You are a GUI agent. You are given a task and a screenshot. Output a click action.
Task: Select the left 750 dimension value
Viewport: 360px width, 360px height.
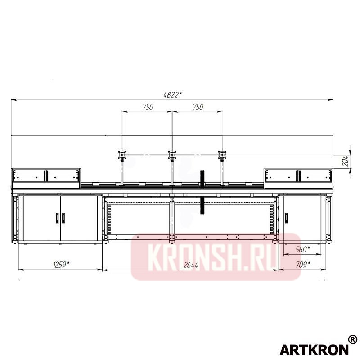click(x=148, y=107)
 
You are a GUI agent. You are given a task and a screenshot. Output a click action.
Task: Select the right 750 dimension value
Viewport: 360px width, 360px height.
click(x=198, y=107)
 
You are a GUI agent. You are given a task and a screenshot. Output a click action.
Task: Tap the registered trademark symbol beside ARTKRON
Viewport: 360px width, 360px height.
click(x=352, y=339)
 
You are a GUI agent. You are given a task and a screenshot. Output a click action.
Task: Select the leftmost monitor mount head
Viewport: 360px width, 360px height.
click(x=121, y=155)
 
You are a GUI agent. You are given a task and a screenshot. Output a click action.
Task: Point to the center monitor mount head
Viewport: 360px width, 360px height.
click(x=171, y=155)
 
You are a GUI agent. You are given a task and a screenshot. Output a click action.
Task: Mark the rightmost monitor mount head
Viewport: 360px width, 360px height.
click(x=221, y=155)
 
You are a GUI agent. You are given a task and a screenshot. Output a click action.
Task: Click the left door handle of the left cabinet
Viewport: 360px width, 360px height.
click(x=56, y=218)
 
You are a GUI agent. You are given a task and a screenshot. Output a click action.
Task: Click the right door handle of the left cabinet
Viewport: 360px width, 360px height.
click(x=64, y=218)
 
